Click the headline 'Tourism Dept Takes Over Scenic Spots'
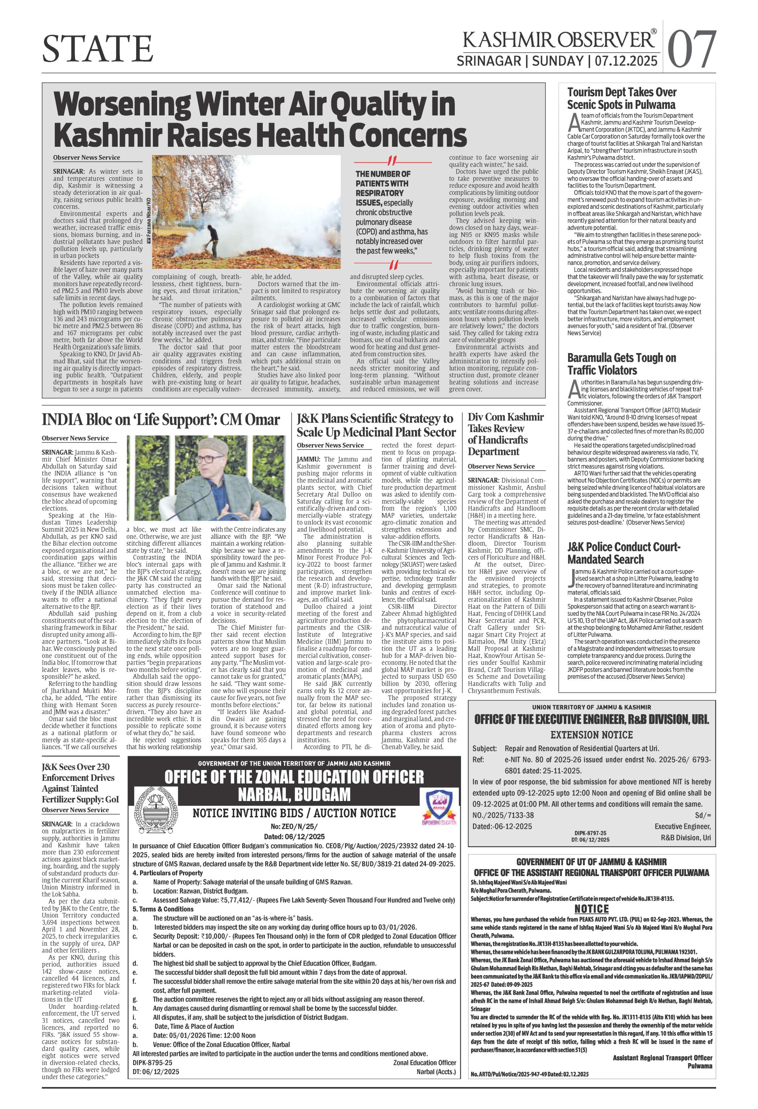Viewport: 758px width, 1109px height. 622,98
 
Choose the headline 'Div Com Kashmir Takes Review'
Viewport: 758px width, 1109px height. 505,434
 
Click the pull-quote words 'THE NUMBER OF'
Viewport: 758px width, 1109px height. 383,174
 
